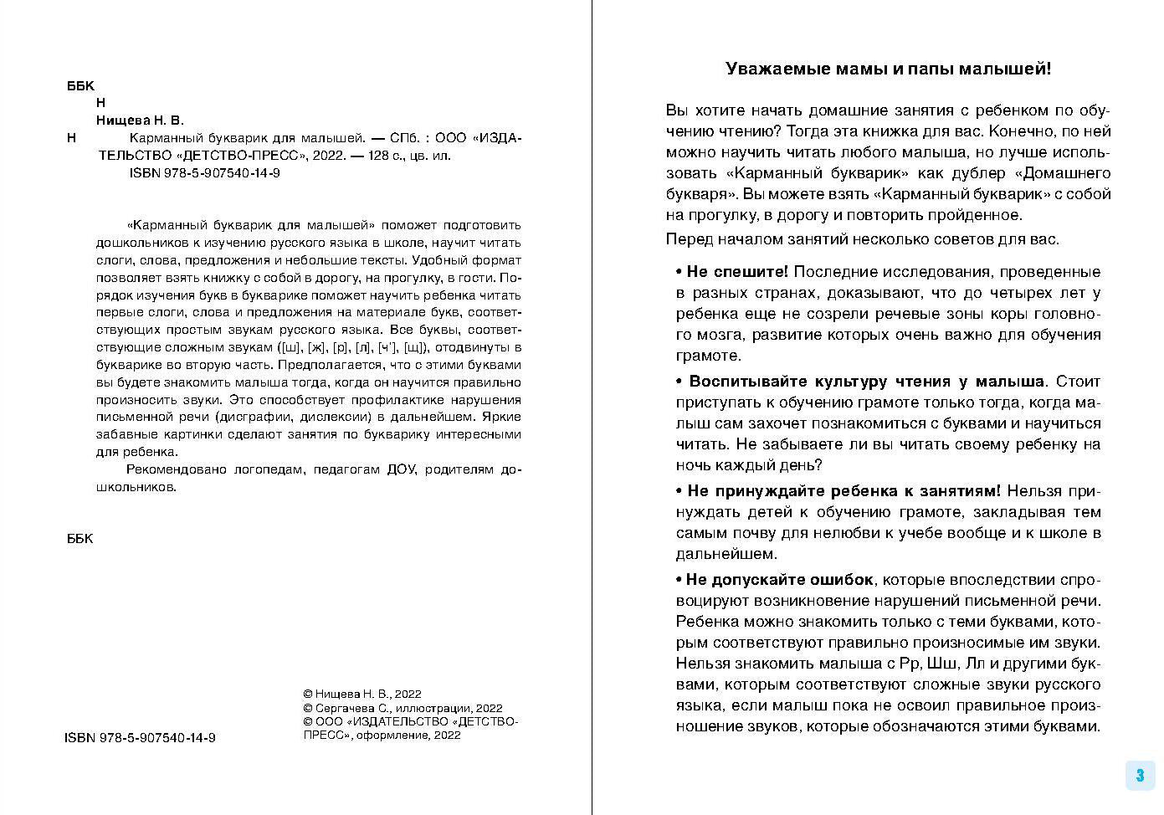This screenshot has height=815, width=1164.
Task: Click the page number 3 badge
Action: [1140, 775]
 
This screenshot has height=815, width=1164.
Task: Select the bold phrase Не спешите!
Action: [737, 272]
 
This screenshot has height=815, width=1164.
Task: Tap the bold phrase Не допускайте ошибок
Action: [780, 580]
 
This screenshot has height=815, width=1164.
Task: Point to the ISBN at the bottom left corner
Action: [140, 738]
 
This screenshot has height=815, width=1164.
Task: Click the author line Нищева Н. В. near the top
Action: [140, 120]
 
